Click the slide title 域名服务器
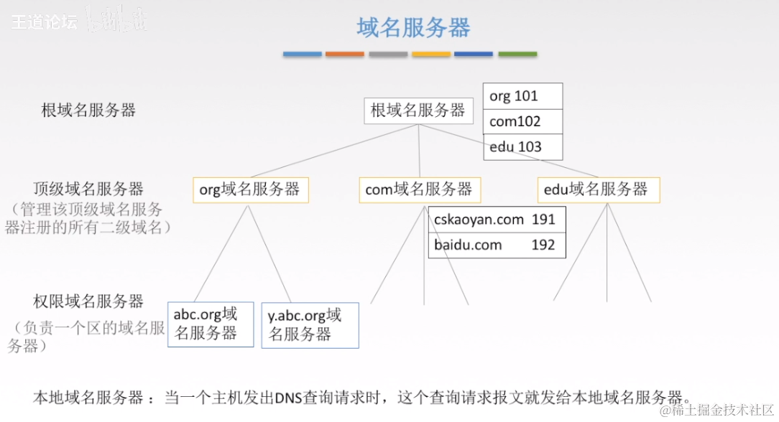(413, 28)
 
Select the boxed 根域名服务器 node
(418, 111)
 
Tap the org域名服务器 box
(250, 189)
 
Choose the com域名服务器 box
(420, 189)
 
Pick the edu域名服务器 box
(598, 189)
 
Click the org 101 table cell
(522, 96)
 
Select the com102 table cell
(522, 121)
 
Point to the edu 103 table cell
(522, 147)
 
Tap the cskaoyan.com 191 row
(497, 220)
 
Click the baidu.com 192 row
(497, 245)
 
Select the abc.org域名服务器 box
(211, 324)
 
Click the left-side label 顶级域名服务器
(88, 189)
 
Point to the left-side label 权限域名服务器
(88, 301)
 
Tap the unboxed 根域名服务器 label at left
(88, 111)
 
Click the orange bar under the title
(345, 54)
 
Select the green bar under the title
(517, 54)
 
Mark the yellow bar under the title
(431, 54)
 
